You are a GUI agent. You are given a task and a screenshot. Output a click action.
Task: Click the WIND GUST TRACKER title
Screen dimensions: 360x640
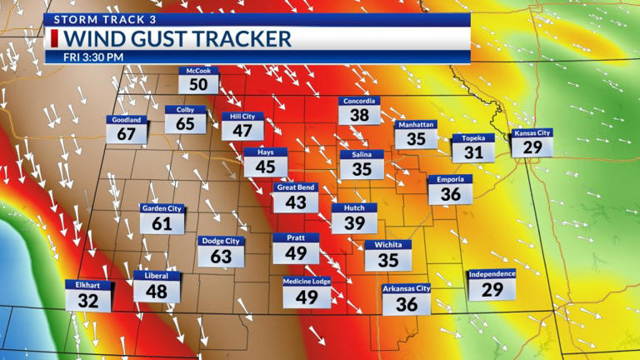coord(177,38)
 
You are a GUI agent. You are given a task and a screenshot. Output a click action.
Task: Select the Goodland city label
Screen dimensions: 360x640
coord(127,119)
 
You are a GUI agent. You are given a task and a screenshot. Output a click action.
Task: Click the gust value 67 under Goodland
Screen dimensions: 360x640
coord(127,134)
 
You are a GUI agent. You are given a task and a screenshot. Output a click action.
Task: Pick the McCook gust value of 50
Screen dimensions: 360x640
coord(198,84)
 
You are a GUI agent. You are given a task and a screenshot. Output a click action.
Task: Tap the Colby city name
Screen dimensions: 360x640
coord(185,109)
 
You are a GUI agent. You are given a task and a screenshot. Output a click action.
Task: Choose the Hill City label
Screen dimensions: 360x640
coord(242,117)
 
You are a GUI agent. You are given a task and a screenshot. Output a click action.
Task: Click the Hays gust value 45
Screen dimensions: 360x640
coord(265,167)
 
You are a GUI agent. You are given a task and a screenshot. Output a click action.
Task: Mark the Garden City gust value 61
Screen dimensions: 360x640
coord(162,223)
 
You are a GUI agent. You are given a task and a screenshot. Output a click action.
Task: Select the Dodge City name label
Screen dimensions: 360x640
coord(221,241)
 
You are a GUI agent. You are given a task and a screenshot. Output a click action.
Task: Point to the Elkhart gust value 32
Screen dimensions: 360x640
coord(88,301)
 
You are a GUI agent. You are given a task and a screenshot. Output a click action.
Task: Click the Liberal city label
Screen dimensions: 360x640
coord(156,275)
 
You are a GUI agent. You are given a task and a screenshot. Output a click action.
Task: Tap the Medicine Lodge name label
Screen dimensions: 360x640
coord(307,281)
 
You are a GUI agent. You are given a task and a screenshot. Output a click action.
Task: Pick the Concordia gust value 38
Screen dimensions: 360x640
coord(359,116)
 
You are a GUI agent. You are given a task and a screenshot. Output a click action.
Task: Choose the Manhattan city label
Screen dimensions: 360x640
coord(417,124)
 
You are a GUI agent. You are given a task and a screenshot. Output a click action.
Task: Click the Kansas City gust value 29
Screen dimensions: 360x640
coord(532,147)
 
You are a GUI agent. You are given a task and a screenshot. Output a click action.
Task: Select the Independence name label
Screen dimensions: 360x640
coord(492,273)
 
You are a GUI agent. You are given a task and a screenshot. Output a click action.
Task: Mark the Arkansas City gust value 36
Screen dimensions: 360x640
coord(407,304)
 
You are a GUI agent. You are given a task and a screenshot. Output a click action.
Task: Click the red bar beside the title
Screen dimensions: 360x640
coord(55,38)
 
